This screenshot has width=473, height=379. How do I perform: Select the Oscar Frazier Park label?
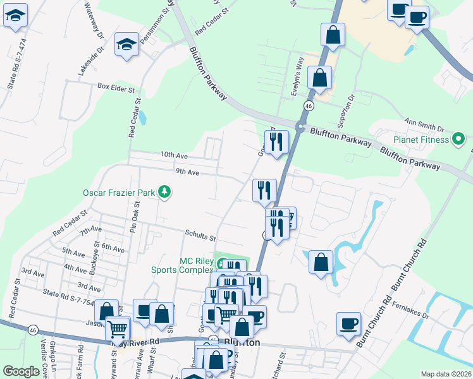pyautogui.click(x=120, y=191)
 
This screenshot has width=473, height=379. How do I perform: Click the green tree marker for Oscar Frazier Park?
pyautogui.click(x=164, y=191)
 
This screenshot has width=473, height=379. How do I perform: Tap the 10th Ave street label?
pyautogui.click(x=174, y=154)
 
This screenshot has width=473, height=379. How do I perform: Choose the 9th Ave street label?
pyautogui.click(x=188, y=171)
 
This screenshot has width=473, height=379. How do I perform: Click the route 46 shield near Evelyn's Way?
pyautogui.click(x=309, y=105)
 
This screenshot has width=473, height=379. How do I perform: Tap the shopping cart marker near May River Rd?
pyautogui.click(x=117, y=327)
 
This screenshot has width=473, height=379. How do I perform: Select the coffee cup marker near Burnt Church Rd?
pyautogui.click(x=348, y=323)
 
